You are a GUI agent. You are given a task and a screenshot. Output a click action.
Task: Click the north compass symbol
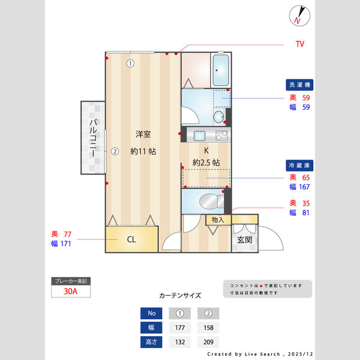299,16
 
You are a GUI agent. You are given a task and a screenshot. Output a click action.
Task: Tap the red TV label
300,44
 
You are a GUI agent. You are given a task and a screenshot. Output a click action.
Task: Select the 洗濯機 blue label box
299,85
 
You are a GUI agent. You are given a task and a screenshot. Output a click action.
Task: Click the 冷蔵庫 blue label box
299,166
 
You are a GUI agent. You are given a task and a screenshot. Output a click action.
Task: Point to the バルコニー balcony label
93,138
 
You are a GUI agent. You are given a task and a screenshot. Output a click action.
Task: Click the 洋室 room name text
143,134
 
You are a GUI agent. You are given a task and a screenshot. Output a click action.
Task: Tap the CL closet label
131,239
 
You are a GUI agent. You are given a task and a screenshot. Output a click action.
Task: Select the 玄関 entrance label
245,240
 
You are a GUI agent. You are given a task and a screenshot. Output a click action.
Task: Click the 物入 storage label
218,220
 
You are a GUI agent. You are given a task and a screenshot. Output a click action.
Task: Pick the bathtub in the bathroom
221,70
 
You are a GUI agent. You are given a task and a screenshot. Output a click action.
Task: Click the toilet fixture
211,202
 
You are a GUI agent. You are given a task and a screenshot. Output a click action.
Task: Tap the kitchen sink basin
200,136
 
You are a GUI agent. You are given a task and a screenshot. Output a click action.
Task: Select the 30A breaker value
70,291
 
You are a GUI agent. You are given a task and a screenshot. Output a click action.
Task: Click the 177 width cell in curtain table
180,328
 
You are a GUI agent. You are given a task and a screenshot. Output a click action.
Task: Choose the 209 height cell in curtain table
208,342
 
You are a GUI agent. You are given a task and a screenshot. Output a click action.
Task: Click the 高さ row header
151,342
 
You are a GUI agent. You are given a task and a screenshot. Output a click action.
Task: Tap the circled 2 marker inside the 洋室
115,151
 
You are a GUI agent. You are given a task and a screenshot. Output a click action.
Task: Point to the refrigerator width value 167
304,187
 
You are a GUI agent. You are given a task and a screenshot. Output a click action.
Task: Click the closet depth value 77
68,234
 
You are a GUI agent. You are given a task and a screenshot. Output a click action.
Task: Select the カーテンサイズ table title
180,295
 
